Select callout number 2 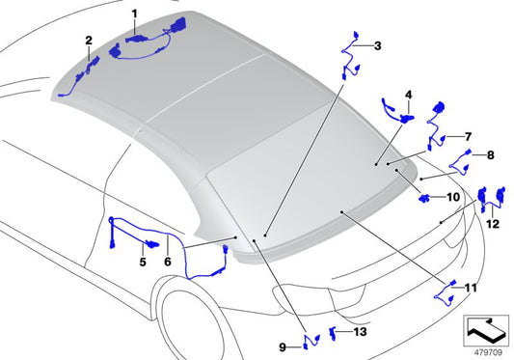point(89,41)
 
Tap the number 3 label point(377,45)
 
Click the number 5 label point(142,261)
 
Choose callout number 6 point(168,261)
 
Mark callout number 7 point(468,137)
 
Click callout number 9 point(284,346)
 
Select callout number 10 point(453,198)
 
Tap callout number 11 point(470,288)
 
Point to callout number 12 point(493,224)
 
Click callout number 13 point(361,332)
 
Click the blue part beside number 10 point(426,199)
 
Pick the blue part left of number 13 point(335,332)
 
